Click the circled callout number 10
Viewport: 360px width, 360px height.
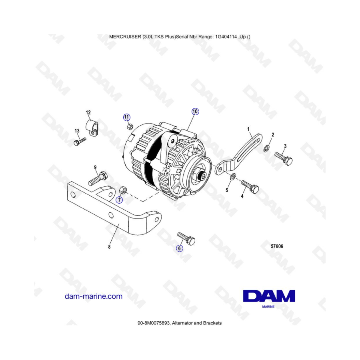pos(195,112)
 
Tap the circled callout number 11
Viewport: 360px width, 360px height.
pos(126,117)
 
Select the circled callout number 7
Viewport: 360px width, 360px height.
pos(119,200)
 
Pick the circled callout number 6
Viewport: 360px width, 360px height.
pos(179,248)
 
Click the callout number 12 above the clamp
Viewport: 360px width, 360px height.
pos(88,112)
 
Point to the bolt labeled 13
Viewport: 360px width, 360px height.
pos(80,141)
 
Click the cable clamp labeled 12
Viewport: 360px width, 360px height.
pos(92,128)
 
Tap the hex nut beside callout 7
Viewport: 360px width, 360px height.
pos(123,190)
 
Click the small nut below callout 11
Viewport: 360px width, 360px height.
pos(130,126)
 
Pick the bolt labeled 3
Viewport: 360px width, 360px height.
pos(284,158)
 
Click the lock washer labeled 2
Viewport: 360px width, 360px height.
pos(266,148)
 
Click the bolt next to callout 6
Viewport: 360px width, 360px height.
pos(186,238)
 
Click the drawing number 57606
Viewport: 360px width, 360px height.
pos(277,246)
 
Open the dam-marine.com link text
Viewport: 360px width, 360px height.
pos(94,296)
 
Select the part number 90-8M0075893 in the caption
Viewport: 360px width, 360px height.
pos(154,323)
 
